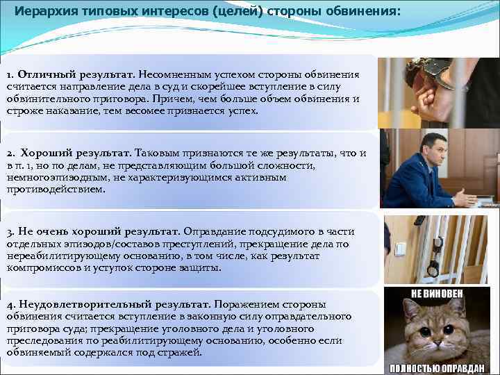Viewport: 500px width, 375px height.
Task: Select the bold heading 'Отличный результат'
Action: coord(76,74)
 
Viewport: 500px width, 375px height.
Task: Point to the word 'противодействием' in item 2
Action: coord(51,189)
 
